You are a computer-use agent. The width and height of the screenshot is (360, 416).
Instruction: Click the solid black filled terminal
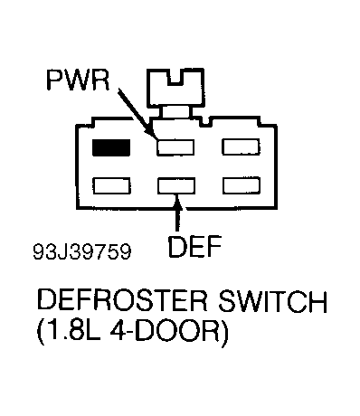click(111, 147)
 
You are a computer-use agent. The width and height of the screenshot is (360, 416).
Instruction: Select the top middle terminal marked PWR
click(175, 147)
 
